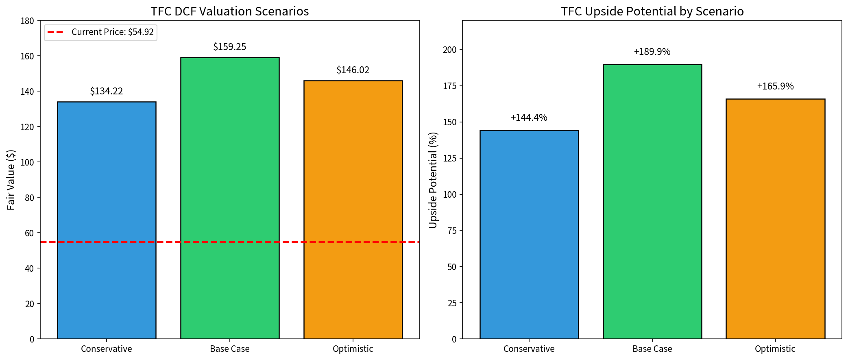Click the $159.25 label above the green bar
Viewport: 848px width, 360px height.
tap(230, 47)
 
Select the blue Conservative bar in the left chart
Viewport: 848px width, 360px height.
tap(107, 220)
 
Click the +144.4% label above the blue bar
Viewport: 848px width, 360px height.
tap(529, 118)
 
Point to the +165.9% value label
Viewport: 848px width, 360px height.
tap(775, 86)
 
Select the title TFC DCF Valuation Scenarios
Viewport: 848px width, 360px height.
tap(230, 11)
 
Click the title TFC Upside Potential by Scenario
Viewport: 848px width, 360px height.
tap(652, 11)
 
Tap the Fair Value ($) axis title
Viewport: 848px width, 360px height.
tap(11, 180)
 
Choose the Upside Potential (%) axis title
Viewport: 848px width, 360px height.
tap(433, 180)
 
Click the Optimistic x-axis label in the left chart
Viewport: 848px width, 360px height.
tap(353, 349)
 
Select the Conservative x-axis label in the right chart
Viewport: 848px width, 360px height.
tap(529, 349)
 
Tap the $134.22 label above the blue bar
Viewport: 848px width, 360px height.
tap(107, 91)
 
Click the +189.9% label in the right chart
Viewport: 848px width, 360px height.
tap(652, 52)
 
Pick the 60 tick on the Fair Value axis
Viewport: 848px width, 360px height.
tap(30, 233)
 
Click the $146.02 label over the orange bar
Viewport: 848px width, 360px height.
tap(353, 70)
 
